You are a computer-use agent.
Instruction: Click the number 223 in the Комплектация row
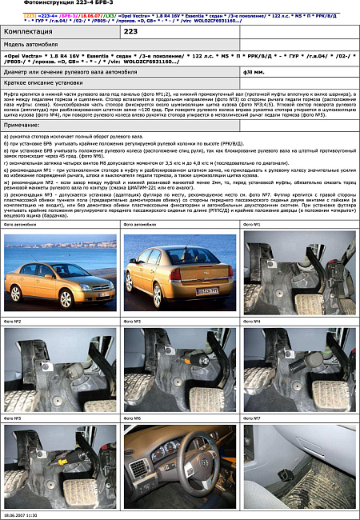[x=131, y=30]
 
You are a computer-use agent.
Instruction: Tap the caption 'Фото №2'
[x=13, y=321]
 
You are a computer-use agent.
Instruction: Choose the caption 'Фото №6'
[x=132, y=418]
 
